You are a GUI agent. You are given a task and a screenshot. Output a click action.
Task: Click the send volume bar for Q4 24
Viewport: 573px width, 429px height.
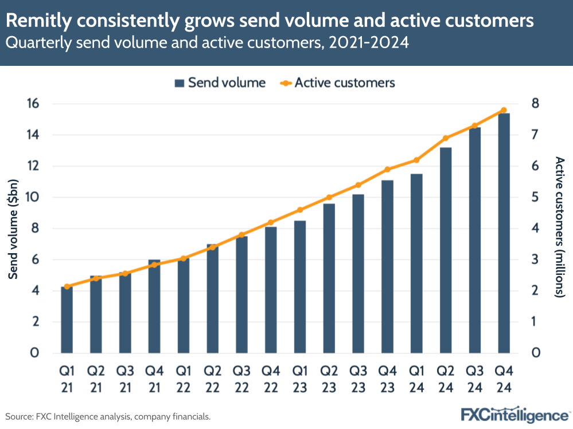(503, 233)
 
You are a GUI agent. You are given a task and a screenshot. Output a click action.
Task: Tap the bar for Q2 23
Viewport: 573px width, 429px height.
(329, 278)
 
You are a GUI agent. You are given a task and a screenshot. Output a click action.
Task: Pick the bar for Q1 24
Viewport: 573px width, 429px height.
(416, 263)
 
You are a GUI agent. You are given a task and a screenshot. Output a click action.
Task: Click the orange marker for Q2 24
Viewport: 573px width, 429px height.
(445, 138)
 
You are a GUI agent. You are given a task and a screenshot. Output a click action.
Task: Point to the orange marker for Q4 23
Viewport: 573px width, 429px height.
(387, 170)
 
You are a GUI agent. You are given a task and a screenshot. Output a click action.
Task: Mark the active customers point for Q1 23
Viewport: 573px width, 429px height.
(300, 210)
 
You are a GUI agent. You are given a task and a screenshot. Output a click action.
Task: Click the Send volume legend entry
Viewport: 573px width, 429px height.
(220, 82)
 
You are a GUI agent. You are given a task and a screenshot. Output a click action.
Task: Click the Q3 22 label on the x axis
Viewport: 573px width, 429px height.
(241, 379)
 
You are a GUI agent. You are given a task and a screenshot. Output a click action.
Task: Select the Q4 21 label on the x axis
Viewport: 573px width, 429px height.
(154, 379)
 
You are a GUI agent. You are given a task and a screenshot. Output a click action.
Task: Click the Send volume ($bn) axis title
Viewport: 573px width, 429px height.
(13, 228)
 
